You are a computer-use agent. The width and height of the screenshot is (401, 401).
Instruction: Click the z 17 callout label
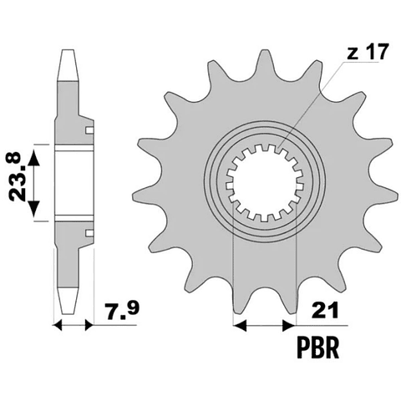(367, 53)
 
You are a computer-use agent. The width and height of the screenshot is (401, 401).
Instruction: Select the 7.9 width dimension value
(121, 312)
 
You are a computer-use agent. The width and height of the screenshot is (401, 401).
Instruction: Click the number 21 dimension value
(325, 312)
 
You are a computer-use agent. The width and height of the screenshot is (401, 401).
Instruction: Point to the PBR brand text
(318, 348)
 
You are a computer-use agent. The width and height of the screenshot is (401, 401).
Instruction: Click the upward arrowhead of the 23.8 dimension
(34, 158)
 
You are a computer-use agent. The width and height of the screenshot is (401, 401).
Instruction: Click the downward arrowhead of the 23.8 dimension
(34, 208)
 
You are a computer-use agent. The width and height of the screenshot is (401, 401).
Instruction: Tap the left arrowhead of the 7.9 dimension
(57, 325)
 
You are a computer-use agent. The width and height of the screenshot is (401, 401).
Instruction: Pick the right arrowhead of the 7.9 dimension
(89, 325)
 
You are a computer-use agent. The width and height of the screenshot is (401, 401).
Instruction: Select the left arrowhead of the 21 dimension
(240, 325)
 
